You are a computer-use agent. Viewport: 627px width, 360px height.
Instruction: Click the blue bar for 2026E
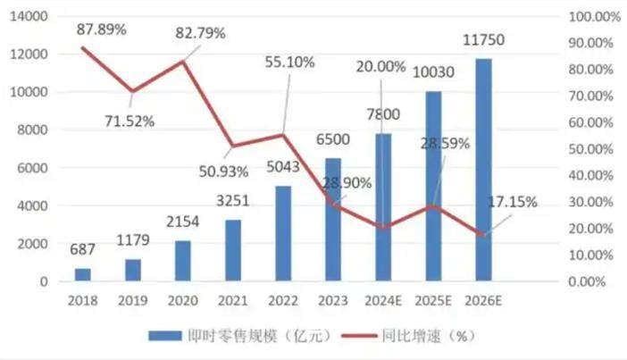tap(483, 170)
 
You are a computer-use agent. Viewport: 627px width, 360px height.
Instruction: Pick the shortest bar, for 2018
tap(82, 274)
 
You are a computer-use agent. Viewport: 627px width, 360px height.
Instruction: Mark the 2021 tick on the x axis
tap(232, 302)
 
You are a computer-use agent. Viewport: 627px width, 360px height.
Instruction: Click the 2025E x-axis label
tap(433, 302)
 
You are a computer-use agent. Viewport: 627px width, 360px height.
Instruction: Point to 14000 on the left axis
tap(30, 17)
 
